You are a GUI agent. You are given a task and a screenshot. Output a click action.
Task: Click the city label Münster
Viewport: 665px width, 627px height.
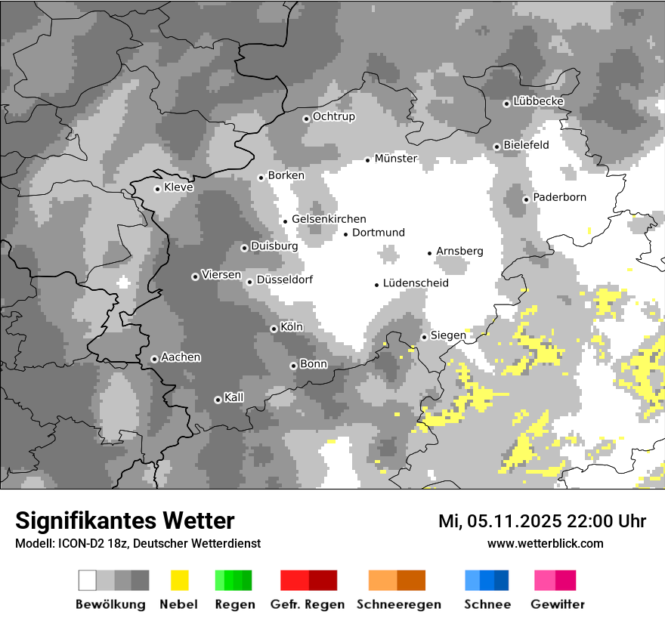coord(396,159)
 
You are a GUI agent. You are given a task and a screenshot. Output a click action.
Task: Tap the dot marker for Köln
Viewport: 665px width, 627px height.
coord(274,329)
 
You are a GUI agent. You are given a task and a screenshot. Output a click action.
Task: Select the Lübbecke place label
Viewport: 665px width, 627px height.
coord(538,101)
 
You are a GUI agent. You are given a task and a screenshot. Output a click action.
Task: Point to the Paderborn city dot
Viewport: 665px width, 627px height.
coord(526,199)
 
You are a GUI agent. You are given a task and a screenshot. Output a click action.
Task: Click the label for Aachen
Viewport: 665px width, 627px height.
coord(181,357)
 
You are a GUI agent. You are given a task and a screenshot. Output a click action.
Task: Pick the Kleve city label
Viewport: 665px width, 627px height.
coord(178,187)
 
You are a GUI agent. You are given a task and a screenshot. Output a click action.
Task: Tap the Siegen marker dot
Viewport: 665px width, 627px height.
coord(425,337)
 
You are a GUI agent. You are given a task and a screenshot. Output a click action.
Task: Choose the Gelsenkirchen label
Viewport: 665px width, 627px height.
coord(329,219)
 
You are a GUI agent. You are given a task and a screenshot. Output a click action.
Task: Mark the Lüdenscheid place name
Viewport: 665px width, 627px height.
coord(416,283)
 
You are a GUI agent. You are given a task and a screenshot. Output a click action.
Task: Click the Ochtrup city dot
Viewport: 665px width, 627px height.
coord(306,119)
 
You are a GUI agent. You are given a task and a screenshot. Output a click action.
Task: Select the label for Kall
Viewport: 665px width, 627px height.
coord(234,397)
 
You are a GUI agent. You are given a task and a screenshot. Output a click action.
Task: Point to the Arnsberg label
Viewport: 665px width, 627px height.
coord(459,252)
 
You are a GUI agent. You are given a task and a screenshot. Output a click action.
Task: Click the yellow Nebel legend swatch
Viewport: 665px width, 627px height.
coord(179,580)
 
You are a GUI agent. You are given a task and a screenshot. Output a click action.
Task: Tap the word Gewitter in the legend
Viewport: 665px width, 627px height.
coord(558,604)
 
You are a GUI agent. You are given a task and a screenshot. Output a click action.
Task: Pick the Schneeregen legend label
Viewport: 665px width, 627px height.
coord(398,604)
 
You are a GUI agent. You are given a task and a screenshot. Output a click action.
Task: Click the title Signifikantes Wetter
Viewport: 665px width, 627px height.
coord(125,520)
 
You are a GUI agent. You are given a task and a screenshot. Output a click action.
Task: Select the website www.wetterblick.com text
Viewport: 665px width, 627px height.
coord(545,543)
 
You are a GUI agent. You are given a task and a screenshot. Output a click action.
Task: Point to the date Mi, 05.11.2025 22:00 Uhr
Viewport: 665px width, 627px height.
coord(542,521)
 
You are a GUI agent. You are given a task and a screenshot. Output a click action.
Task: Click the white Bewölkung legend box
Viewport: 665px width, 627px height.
coord(88,580)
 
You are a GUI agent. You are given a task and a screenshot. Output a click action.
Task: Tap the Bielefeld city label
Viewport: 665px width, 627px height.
coord(526,145)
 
